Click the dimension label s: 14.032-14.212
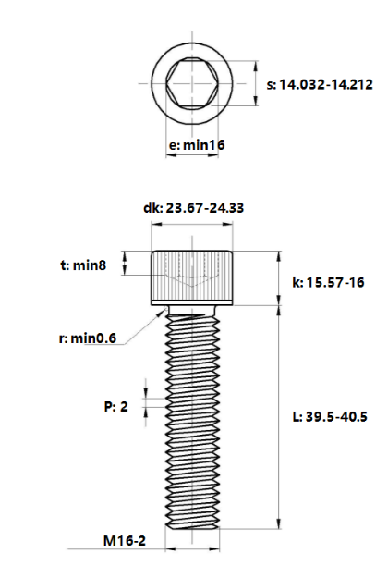(x=320, y=84)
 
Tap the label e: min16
(x=197, y=145)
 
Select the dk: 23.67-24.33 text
(x=194, y=208)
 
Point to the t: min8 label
(x=83, y=265)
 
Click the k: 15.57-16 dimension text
(x=328, y=282)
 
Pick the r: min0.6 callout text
(x=88, y=338)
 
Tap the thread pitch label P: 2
(x=116, y=407)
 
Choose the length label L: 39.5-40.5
(x=330, y=417)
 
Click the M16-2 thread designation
(x=125, y=541)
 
